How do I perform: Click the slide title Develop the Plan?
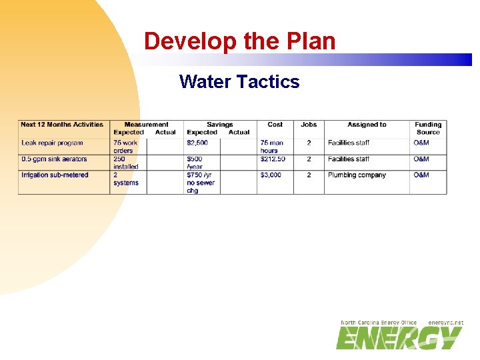pyautogui.click(x=239, y=41)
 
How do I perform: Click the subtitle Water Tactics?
pyautogui.click(x=239, y=82)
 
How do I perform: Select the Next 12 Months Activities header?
pyautogui.click(x=62, y=125)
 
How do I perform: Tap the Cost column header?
pyautogui.click(x=275, y=125)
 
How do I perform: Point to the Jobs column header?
pyautogui.click(x=309, y=125)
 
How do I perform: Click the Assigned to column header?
pyautogui.click(x=367, y=125)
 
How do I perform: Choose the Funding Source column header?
pyautogui.click(x=428, y=128)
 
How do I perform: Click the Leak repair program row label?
pyautogui.click(x=52, y=143)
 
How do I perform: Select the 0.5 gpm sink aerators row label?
pyautogui.click(x=54, y=159)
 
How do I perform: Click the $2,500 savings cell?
pyautogui.click(x=197, y=143)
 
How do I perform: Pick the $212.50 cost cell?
pyautogui.click(x=273, y=159)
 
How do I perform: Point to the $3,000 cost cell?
pyautogui.click(x=271, y=175)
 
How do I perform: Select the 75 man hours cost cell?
pyautogui.click(x=271, y=147)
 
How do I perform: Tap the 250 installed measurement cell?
pyautogui.click(x=125, y=163)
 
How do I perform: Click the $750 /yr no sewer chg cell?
pyautogui.click(x=201, y=183)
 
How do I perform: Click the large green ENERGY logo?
pyautogui.click(x=399, y=338)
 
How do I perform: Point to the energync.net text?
pyautogui.click(x=445, y=323)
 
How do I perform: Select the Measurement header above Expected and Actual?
pyautogui.click(x=146, y=125)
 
